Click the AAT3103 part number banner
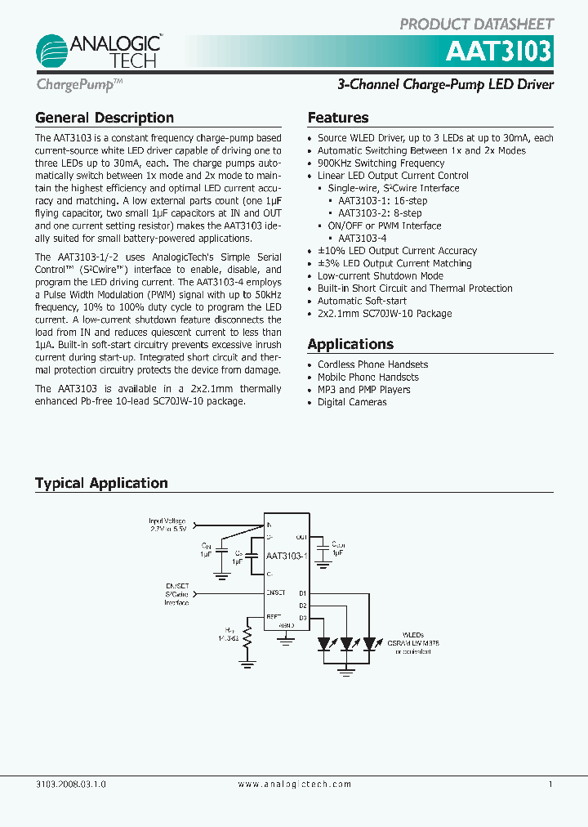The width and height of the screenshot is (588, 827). tap(498, 52)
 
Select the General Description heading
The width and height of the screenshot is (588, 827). tap(105, 118)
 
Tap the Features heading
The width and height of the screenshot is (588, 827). tap(338, 118)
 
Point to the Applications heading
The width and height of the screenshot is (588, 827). tap(350, 344)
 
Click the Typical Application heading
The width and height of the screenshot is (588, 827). tap(101, 483)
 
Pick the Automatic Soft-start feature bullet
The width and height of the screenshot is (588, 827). tap(362, 301)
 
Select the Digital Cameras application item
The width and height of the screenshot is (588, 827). tap(352, 402)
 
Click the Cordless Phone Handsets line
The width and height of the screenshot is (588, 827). tap(372, 364)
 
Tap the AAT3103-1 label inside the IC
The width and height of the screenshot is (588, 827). tap(285, 556)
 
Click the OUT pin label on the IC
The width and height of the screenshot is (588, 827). tap(301, 537)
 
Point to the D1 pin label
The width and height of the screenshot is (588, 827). tap(302, 592)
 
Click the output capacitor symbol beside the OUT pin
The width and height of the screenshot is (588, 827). tap(323, 547)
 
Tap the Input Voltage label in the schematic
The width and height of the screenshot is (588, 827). tap(167, 521)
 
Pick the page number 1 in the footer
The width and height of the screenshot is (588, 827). tap(550, 785)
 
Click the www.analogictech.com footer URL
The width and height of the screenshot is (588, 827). tap(295, 785)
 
